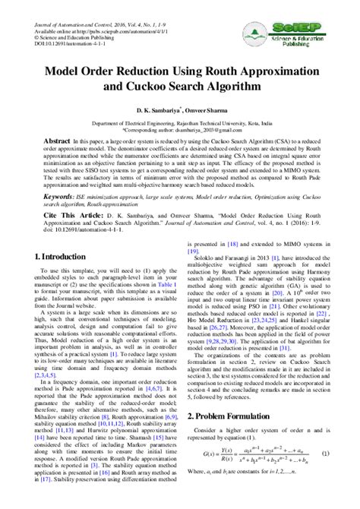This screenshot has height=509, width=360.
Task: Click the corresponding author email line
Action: tap(179, 129)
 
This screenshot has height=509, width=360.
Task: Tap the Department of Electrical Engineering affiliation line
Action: tap(179, 122)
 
